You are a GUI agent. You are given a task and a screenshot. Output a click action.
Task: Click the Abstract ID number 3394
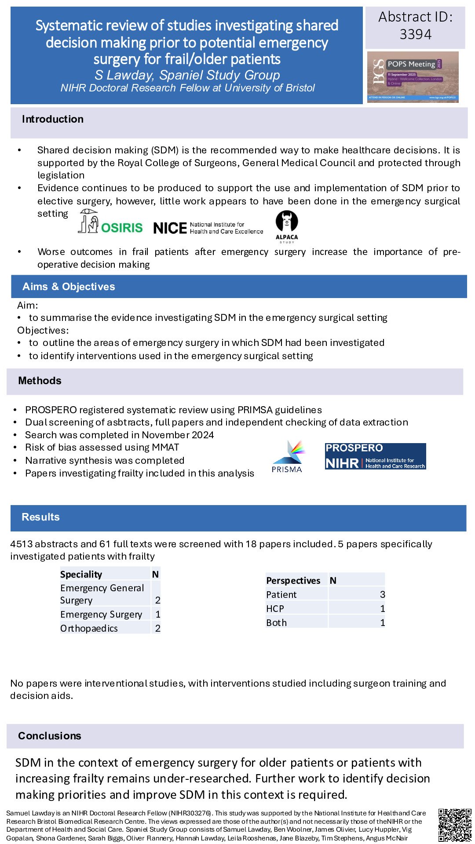(415, 34)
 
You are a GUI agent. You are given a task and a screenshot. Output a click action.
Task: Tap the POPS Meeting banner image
(413, 77)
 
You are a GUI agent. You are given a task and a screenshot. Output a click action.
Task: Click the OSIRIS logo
(110, 222)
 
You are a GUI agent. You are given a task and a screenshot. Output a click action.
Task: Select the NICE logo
(208, 228)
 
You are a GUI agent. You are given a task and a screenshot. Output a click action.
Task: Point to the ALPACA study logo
(287, 227)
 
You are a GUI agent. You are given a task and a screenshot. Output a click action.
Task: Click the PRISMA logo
(287, 457)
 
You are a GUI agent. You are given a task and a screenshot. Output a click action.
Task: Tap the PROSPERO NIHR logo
(375, 456)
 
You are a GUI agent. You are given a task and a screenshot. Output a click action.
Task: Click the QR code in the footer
(454, 825)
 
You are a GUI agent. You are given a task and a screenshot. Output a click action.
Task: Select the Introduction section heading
(53, 119)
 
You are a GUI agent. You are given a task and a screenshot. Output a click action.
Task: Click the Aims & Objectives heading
(69, 287)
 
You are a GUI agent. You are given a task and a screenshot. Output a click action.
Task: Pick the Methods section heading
(40, 381)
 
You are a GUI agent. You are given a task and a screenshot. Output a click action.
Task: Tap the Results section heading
(40, 517)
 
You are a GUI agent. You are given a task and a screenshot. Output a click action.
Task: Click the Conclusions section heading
(50, 736)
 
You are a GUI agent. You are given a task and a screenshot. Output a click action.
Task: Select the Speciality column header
(81, 574)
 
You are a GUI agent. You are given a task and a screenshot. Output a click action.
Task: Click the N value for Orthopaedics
(157, 628)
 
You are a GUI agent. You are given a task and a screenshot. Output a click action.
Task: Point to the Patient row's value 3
(382, 594)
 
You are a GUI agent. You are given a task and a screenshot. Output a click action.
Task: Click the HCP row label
(275, 608)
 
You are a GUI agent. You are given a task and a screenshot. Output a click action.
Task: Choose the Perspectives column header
(293, 580)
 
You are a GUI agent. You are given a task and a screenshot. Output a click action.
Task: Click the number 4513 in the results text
(22, 544)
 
